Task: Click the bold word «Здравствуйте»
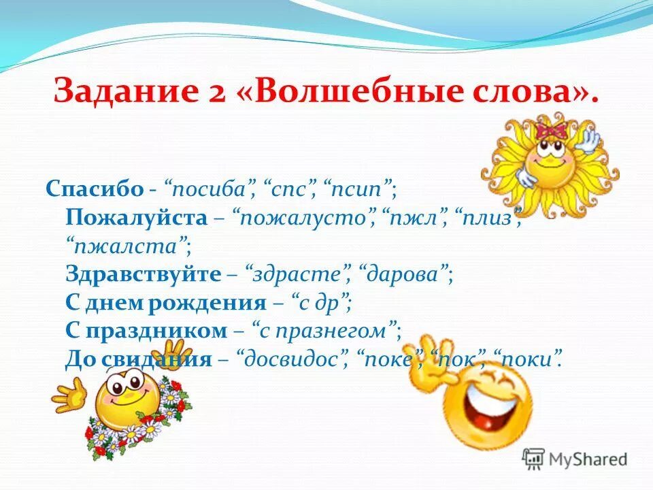pos(143,274)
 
